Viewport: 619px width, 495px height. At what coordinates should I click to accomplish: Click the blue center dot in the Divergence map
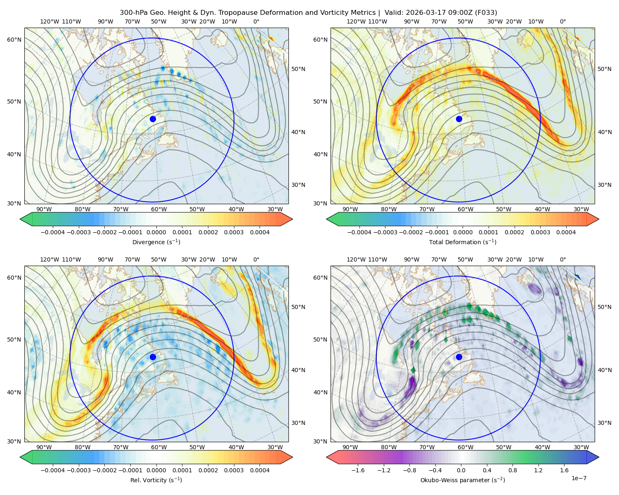[153, 119]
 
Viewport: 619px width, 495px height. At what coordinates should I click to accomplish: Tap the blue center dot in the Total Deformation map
[459, 119]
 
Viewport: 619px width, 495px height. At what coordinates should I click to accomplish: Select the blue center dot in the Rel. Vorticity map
[153, 357]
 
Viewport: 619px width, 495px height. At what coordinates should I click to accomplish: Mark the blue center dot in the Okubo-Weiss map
[459, 357]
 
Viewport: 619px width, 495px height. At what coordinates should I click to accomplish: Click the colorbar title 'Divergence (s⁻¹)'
[156, 242]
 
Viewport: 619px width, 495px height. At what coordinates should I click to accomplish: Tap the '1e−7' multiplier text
[579, 478]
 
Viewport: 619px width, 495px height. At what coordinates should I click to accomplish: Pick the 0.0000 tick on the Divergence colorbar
[156, 232]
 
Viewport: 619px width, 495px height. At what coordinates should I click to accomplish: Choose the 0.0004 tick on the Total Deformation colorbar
[566, 232]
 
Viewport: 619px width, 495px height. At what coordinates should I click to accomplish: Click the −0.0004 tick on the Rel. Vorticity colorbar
[53, 470]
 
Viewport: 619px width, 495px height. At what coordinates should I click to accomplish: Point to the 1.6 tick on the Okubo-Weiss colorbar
[564, 470]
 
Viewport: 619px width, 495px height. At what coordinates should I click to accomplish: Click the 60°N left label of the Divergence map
[14, 40]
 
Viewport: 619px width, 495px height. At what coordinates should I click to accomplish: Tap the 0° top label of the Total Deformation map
[562, 21]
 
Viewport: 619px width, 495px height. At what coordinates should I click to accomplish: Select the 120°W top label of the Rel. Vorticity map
[50, 259]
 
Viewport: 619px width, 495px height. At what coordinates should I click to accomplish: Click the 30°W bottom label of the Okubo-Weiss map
[581, 447]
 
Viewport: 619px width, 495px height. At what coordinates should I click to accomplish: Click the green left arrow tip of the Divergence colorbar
[20, 219]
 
